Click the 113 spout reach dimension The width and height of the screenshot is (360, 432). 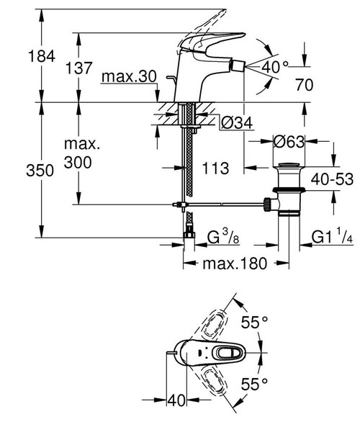coord(215,168)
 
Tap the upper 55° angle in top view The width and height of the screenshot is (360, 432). coord(254,323)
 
